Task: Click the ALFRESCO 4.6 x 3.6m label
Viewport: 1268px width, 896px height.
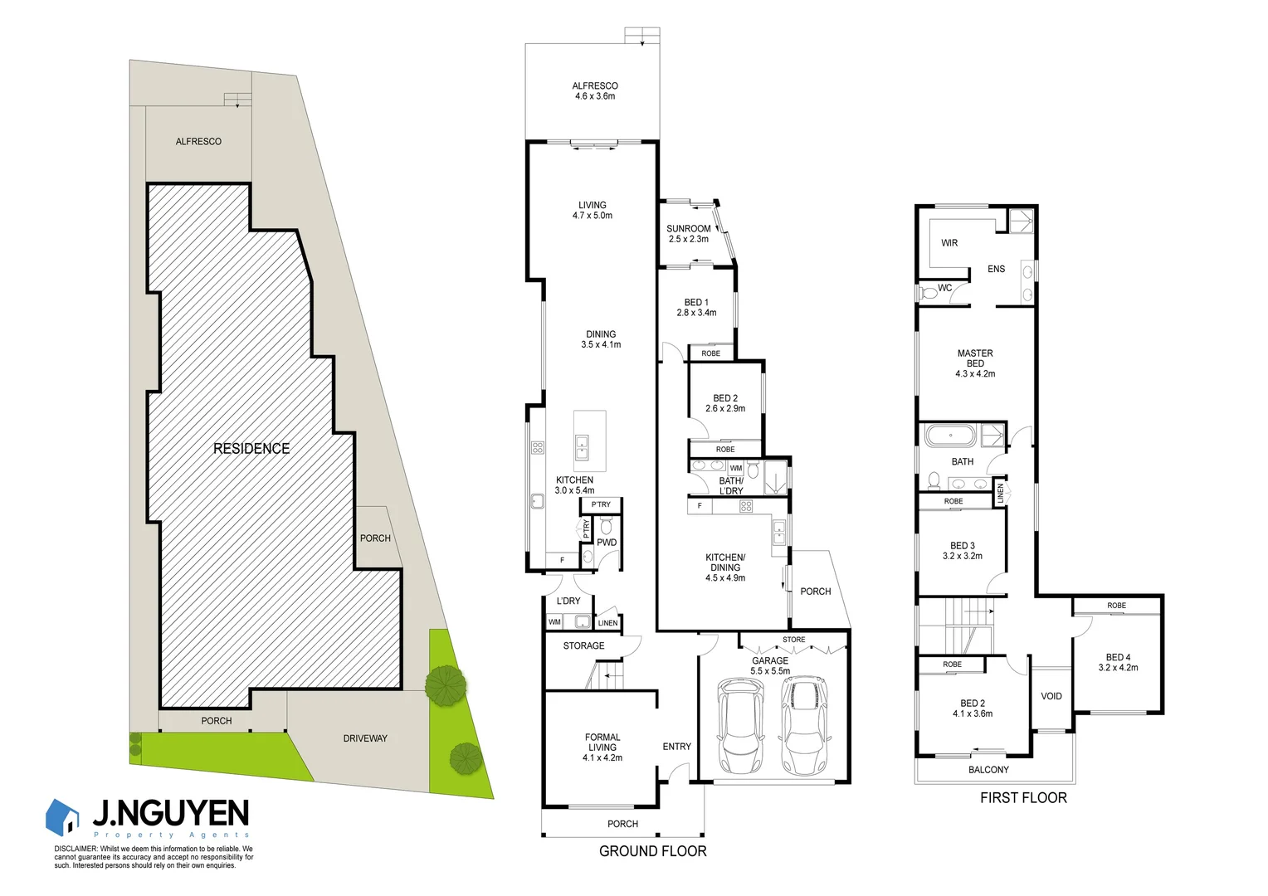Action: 594,91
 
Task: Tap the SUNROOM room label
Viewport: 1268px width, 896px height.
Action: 689,234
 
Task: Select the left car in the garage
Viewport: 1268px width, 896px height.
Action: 739,726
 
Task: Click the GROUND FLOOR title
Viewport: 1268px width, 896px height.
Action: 652,851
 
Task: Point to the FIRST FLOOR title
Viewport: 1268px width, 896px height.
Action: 1023,798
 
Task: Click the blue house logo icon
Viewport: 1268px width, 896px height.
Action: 63,817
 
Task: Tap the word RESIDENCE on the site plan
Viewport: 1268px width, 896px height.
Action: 251,449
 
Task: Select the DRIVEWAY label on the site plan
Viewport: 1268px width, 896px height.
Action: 365,738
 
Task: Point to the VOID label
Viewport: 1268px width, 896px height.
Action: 1051,696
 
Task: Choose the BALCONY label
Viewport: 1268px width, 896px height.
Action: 988,770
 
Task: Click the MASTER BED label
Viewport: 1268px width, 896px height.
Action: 975,363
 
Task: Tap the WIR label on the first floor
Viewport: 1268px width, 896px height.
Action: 949,243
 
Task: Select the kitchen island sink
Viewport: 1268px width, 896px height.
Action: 583,446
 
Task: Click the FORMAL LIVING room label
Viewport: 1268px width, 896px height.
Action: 602,747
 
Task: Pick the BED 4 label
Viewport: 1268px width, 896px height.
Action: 1118,662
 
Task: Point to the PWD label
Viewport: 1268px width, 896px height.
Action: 607,543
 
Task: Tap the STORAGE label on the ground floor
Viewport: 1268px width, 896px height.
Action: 583,645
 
